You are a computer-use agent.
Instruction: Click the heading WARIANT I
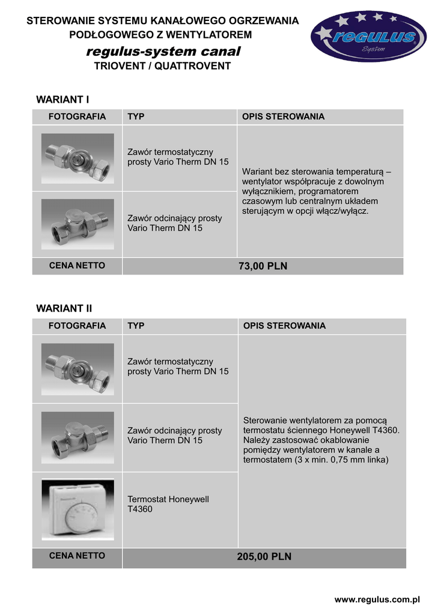click(x=62, y=99)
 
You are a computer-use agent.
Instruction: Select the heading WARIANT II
click(x=64, y=309)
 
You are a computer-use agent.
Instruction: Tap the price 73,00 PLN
click(x=263, y=266)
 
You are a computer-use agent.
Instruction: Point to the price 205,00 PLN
click(x=264, y=557)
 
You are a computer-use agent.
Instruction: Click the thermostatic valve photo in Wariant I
click(x=78, y=158)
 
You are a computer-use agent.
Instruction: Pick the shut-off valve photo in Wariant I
click(x=78, y=223)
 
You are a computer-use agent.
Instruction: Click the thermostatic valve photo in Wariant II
click(x=78, y=368)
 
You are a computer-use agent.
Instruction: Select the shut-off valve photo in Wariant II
click(x=78, y=437)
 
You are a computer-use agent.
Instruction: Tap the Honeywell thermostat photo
click(x=78, y=509)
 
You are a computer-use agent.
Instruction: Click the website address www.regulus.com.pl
click(x=377, y=599)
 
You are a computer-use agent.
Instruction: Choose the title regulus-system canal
click(x=163, y=52)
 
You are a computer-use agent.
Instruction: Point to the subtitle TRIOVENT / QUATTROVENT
click(x=162, y=66)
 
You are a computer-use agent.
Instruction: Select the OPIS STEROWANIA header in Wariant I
click(x=283, y=117)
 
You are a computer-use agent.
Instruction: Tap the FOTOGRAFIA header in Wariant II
click(x=78, y=326)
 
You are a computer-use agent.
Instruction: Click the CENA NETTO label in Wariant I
click(x=77, y=265)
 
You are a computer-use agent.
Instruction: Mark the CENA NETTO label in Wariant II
click(x=77, y=556)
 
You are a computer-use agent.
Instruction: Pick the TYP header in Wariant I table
click(x=136, y=117)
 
